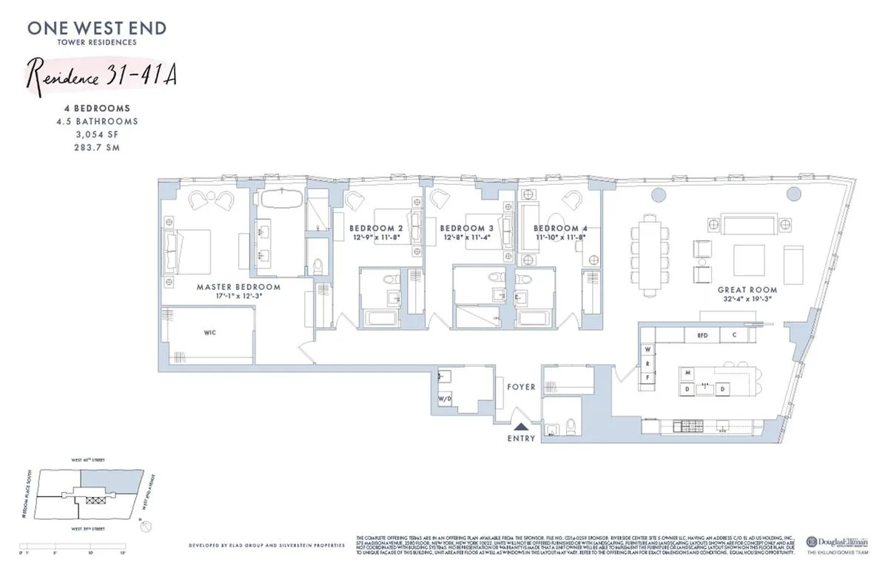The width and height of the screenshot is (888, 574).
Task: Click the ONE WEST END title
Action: (97, 29)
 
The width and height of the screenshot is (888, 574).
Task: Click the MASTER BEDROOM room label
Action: (238, 287)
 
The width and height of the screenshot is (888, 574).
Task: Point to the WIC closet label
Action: (209, 334)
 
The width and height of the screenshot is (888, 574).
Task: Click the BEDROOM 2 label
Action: (376, 228)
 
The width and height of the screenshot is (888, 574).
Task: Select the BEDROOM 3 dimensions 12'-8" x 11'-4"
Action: (468, 238)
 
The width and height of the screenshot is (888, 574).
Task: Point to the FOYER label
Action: (521, 387)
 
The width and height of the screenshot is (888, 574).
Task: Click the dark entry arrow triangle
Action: (522, 425)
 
